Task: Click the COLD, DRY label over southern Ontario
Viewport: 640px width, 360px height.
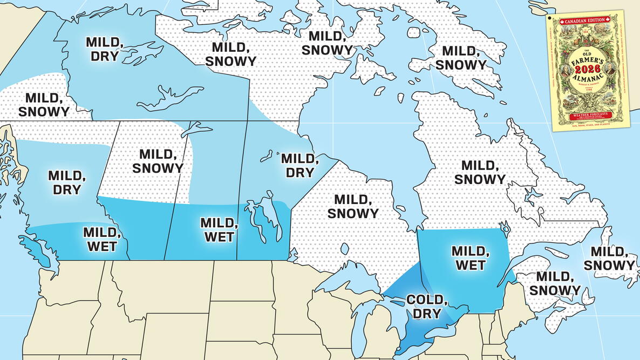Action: (x=424, y=306)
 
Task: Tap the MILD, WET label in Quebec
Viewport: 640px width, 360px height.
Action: (x=468, y=257)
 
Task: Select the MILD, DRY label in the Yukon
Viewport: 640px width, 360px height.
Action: (x=104, y=49)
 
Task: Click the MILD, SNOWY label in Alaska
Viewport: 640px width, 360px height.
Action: (x=44, y=105)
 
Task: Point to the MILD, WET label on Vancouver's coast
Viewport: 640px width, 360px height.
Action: (x=100, y=239)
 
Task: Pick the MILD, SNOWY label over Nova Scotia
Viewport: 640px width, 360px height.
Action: (x=555, y=283)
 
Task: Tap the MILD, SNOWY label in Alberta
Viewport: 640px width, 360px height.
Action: (x=158, y=161)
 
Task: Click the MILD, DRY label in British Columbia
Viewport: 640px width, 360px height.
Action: (x=67, y=182)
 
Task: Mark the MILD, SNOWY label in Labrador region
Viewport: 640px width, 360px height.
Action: (x=480, y=172)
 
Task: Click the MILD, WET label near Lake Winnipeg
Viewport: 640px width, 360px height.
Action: (x=218, y=229)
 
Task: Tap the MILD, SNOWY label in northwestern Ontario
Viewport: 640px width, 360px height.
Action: (x=352, y=206)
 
